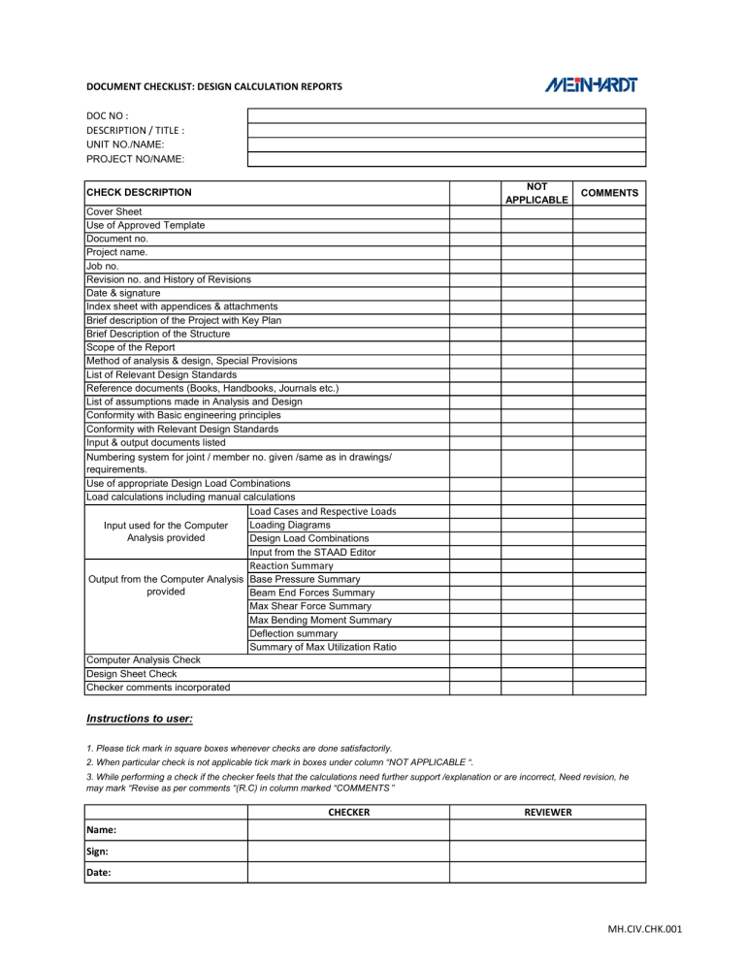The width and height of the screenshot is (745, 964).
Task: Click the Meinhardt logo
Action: pyautogui.click(x=591, y=85)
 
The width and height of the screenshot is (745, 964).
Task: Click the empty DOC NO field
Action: pyautogui.click(x=446, y=115)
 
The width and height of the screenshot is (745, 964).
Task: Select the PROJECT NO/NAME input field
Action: pyautogui.click(x=446, y=159)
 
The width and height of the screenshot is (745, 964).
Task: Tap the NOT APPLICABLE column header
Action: pyautogui.click(x=536, y=192)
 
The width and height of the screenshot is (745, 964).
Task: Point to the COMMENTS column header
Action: pyautogui.click(x=608, y=193)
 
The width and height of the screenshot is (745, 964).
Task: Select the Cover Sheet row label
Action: pyautogui.click(x=113, y=211)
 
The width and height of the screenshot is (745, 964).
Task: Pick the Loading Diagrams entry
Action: pyautogui.click(x=290, y=525)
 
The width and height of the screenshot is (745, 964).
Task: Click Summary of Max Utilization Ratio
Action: pyautogui.click(x=322, y=647)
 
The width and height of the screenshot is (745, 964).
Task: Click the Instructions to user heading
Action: pyautogui.click(x=141, y=720)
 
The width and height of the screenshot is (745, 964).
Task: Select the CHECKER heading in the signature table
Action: pyautogui.click(x=344, y=812)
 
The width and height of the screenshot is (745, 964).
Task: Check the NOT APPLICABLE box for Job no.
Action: pyautogui.click(x=536, y=266)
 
